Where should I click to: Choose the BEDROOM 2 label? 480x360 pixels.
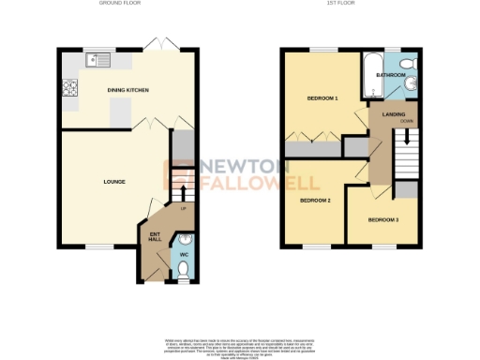click(315, 200)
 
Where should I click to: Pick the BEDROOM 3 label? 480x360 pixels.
click(382, 219)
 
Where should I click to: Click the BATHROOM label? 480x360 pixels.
click(391, 74)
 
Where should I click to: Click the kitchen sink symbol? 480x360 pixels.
click(94, 61)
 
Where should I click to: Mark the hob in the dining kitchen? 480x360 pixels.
click(68, 90)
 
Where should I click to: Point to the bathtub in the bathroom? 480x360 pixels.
click(368, 79)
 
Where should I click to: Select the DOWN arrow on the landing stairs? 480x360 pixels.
click(407, 137)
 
